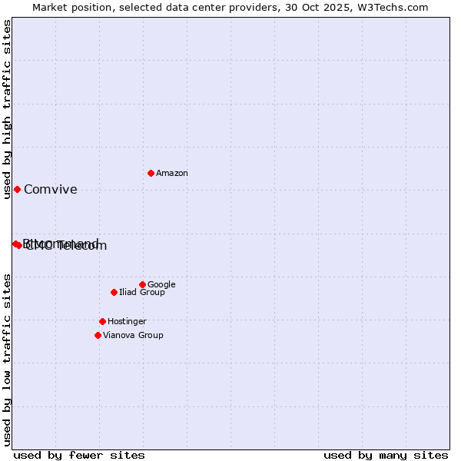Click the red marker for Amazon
(x=151, y=173)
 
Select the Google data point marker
(x=142, y=284)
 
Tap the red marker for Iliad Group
(x=114, y=292)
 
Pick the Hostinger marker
(x=102, y=321)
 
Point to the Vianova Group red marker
(x=98, y=335)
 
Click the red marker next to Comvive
(x=17, y=189)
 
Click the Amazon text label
(x=171, y=174)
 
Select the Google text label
(x=161, y=285)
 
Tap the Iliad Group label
(x=141, y=293)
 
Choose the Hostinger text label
(x=127, y=322)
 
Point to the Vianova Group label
(x=133, y=336)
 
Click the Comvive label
(x=51, y=190)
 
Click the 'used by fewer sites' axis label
(x=79, y=455)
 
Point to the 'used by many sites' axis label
(x=386, y=455)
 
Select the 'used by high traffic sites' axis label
(x=7, y=110)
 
